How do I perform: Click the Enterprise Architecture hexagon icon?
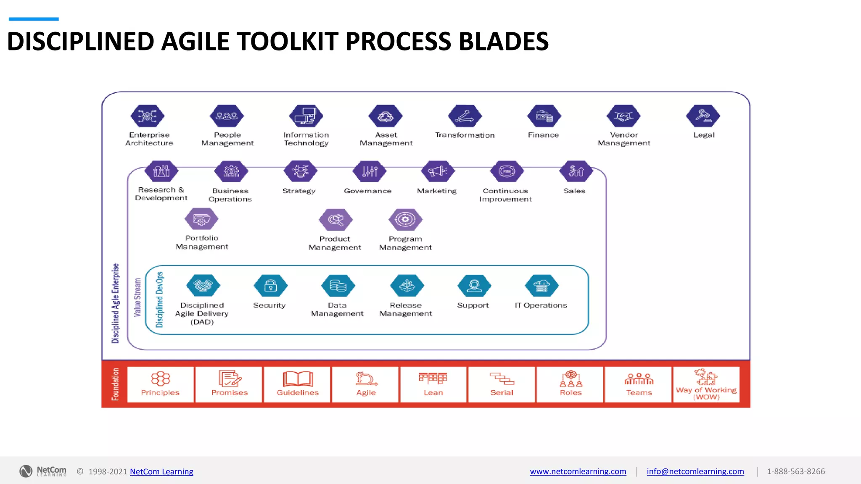147,116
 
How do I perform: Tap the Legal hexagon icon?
703,116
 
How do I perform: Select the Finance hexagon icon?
544,116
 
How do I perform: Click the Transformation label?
465,135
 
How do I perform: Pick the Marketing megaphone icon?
438,171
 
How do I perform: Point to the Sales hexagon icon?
576,171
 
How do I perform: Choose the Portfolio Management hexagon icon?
201,219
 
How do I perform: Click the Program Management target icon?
405,219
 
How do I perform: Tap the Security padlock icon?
270,286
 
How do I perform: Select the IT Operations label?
541,305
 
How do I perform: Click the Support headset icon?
474,286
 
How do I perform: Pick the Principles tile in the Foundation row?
160,384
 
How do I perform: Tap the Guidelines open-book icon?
298,379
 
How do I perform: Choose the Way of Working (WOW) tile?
706,384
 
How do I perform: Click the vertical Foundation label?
115,384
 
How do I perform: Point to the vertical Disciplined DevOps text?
159,300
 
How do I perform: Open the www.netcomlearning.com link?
578,471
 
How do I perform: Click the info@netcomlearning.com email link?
695,471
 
